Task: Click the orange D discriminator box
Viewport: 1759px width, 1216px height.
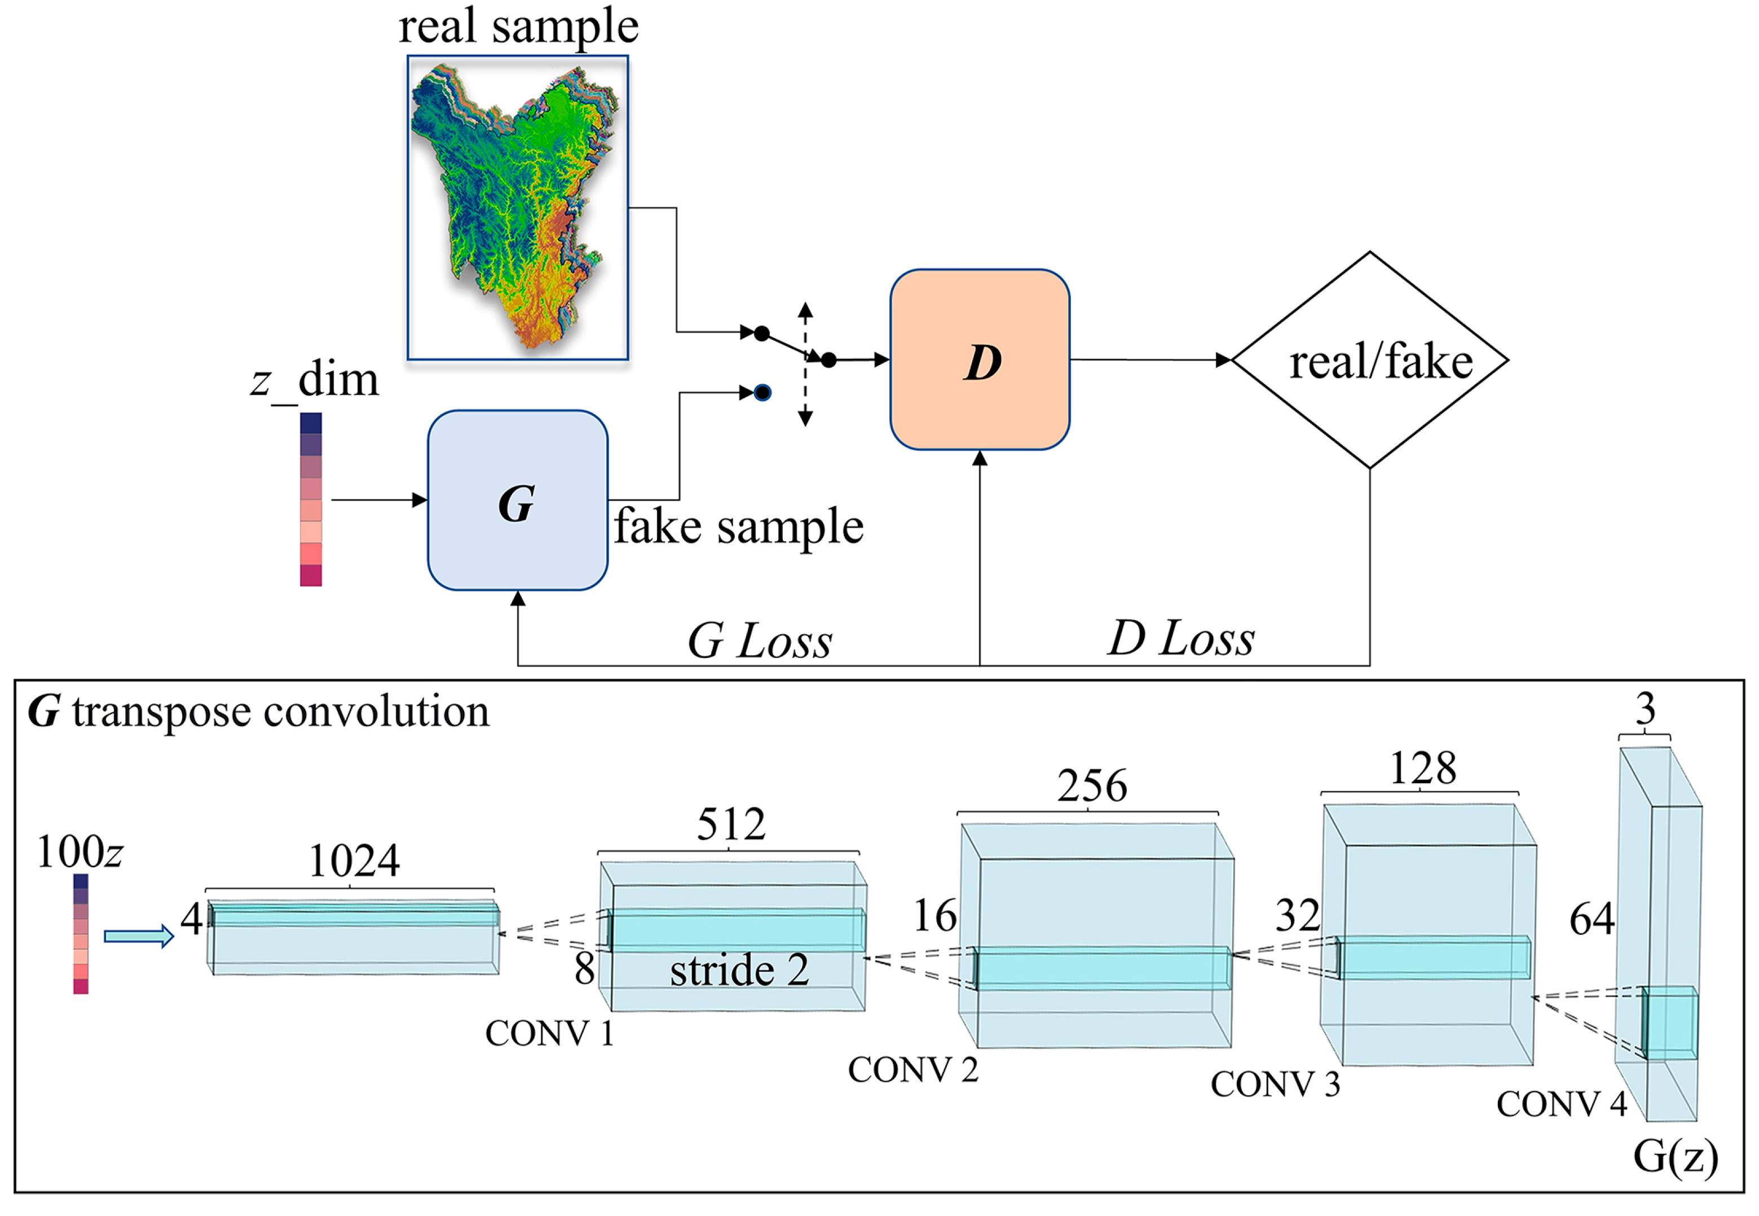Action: point(980,359)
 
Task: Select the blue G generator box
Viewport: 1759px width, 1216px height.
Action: point(518,501)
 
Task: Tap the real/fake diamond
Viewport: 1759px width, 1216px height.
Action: point(1370,359)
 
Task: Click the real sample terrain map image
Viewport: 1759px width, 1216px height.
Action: point(518,207)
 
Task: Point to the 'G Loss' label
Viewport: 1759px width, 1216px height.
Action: point(759,641)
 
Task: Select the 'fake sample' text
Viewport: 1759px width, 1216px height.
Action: point(739,527)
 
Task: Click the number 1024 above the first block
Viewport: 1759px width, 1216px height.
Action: point(354,862)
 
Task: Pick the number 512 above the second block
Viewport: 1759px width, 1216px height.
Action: point(731,824)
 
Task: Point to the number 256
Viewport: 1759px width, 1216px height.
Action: point(1092,786)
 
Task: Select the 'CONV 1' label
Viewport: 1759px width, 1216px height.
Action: point(550,1034)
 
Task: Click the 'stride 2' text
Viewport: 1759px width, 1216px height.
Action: point(739,971)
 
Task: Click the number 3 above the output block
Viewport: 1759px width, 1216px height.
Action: point(1645,710)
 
